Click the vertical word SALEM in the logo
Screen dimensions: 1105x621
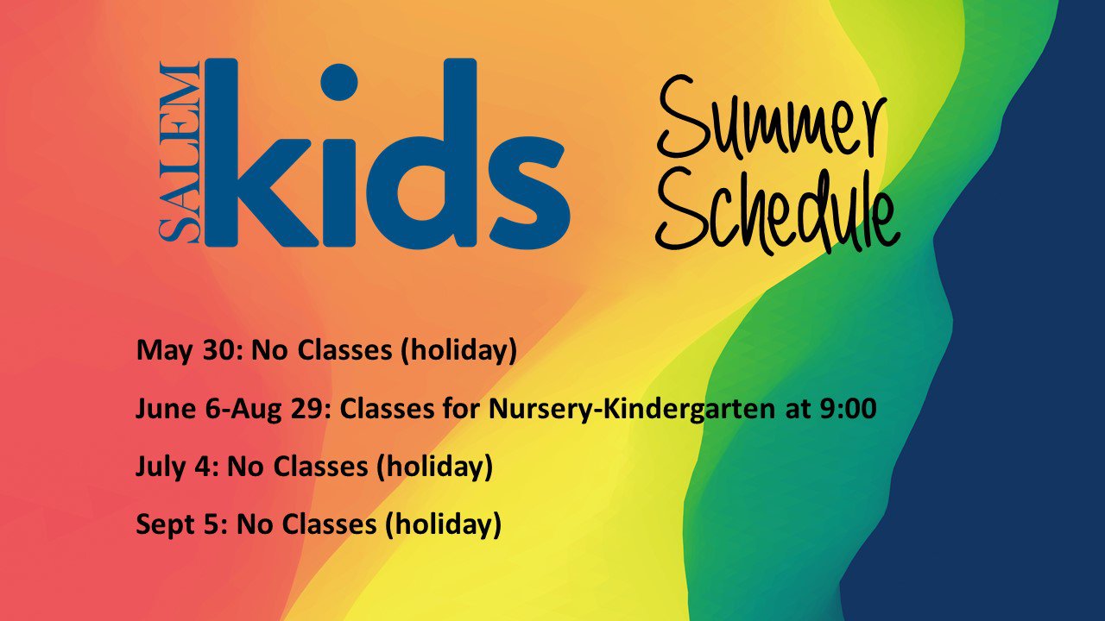coord(179,153)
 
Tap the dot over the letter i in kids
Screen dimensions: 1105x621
coord(339,82)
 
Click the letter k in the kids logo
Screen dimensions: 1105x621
coord(260,153)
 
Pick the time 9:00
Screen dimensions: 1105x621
coord(848,409)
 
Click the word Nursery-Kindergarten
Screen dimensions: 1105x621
coord(631,410)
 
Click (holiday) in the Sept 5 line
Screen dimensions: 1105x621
coord(443,525)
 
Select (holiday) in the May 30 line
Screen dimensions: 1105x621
coord(458,351)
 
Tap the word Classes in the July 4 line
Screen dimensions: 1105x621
coord(320,467)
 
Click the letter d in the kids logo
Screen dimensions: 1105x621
coord(422,154)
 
